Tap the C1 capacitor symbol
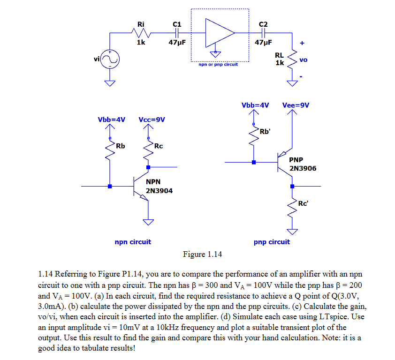coord(176,33)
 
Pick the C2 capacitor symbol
coord(263,33)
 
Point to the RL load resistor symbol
coord(293,59)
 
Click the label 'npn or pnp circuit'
coord(218,64)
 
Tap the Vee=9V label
coord(296,105)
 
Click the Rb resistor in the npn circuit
coord(110,149)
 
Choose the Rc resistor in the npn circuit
coord(149,149)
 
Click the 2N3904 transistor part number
coord(159,191)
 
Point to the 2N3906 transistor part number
coord(303,168)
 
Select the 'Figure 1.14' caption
coord(202,255)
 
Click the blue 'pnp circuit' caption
coord(272,242)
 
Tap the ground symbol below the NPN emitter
coord(149,221)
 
